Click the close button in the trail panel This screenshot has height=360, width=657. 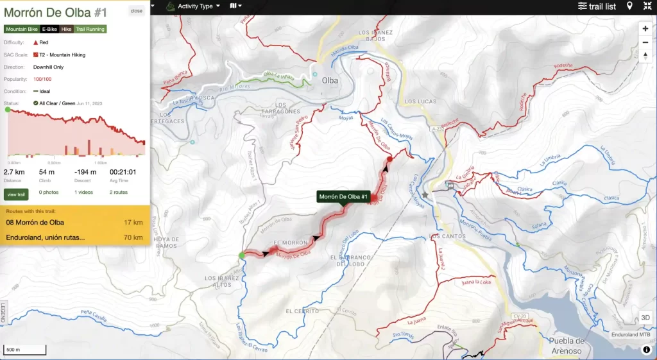coord(136,11)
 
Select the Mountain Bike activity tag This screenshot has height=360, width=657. coord(21,29)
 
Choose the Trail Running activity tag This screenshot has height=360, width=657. coord(90,29)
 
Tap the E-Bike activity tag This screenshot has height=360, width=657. coord(49,29)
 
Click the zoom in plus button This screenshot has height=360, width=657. coord(645,29)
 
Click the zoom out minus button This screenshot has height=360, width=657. coord(645,42)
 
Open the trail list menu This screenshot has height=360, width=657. coord(597,6)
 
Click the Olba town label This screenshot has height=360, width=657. coord(330,81)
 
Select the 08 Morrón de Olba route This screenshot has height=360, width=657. coord(74,223)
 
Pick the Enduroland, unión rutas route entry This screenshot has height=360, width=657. coord(74,237)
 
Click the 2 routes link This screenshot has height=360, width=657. coord(118,192)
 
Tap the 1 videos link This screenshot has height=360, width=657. coord(83,192)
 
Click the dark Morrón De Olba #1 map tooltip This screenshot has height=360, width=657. coord(343,197)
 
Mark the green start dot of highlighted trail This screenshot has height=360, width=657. coord(242,255)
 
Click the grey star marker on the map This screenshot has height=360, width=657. coord(425,194)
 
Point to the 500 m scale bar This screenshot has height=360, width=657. coord(25,350)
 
